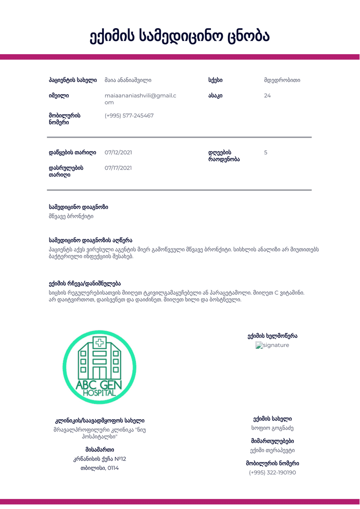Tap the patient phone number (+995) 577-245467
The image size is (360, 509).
tap(129, 116)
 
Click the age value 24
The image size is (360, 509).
tap(267, 96)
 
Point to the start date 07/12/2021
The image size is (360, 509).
tap(118, 153)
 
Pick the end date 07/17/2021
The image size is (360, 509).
tap(118, 168)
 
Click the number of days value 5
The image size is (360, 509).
tap(266, 153)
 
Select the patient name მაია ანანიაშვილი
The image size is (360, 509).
tap(128, 80)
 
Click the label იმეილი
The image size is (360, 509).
tap(59, 96)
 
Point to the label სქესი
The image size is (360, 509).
tap(216, 80)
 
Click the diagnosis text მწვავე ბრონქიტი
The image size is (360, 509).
tap(71, 216)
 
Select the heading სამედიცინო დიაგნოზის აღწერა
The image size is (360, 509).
tap(90, 240)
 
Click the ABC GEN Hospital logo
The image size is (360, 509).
tap(99, 367)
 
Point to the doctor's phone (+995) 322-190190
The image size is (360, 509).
tap(273, 473)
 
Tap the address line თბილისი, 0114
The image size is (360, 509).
tap(99, 468)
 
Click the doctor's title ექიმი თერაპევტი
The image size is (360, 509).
tap(273, 451)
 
